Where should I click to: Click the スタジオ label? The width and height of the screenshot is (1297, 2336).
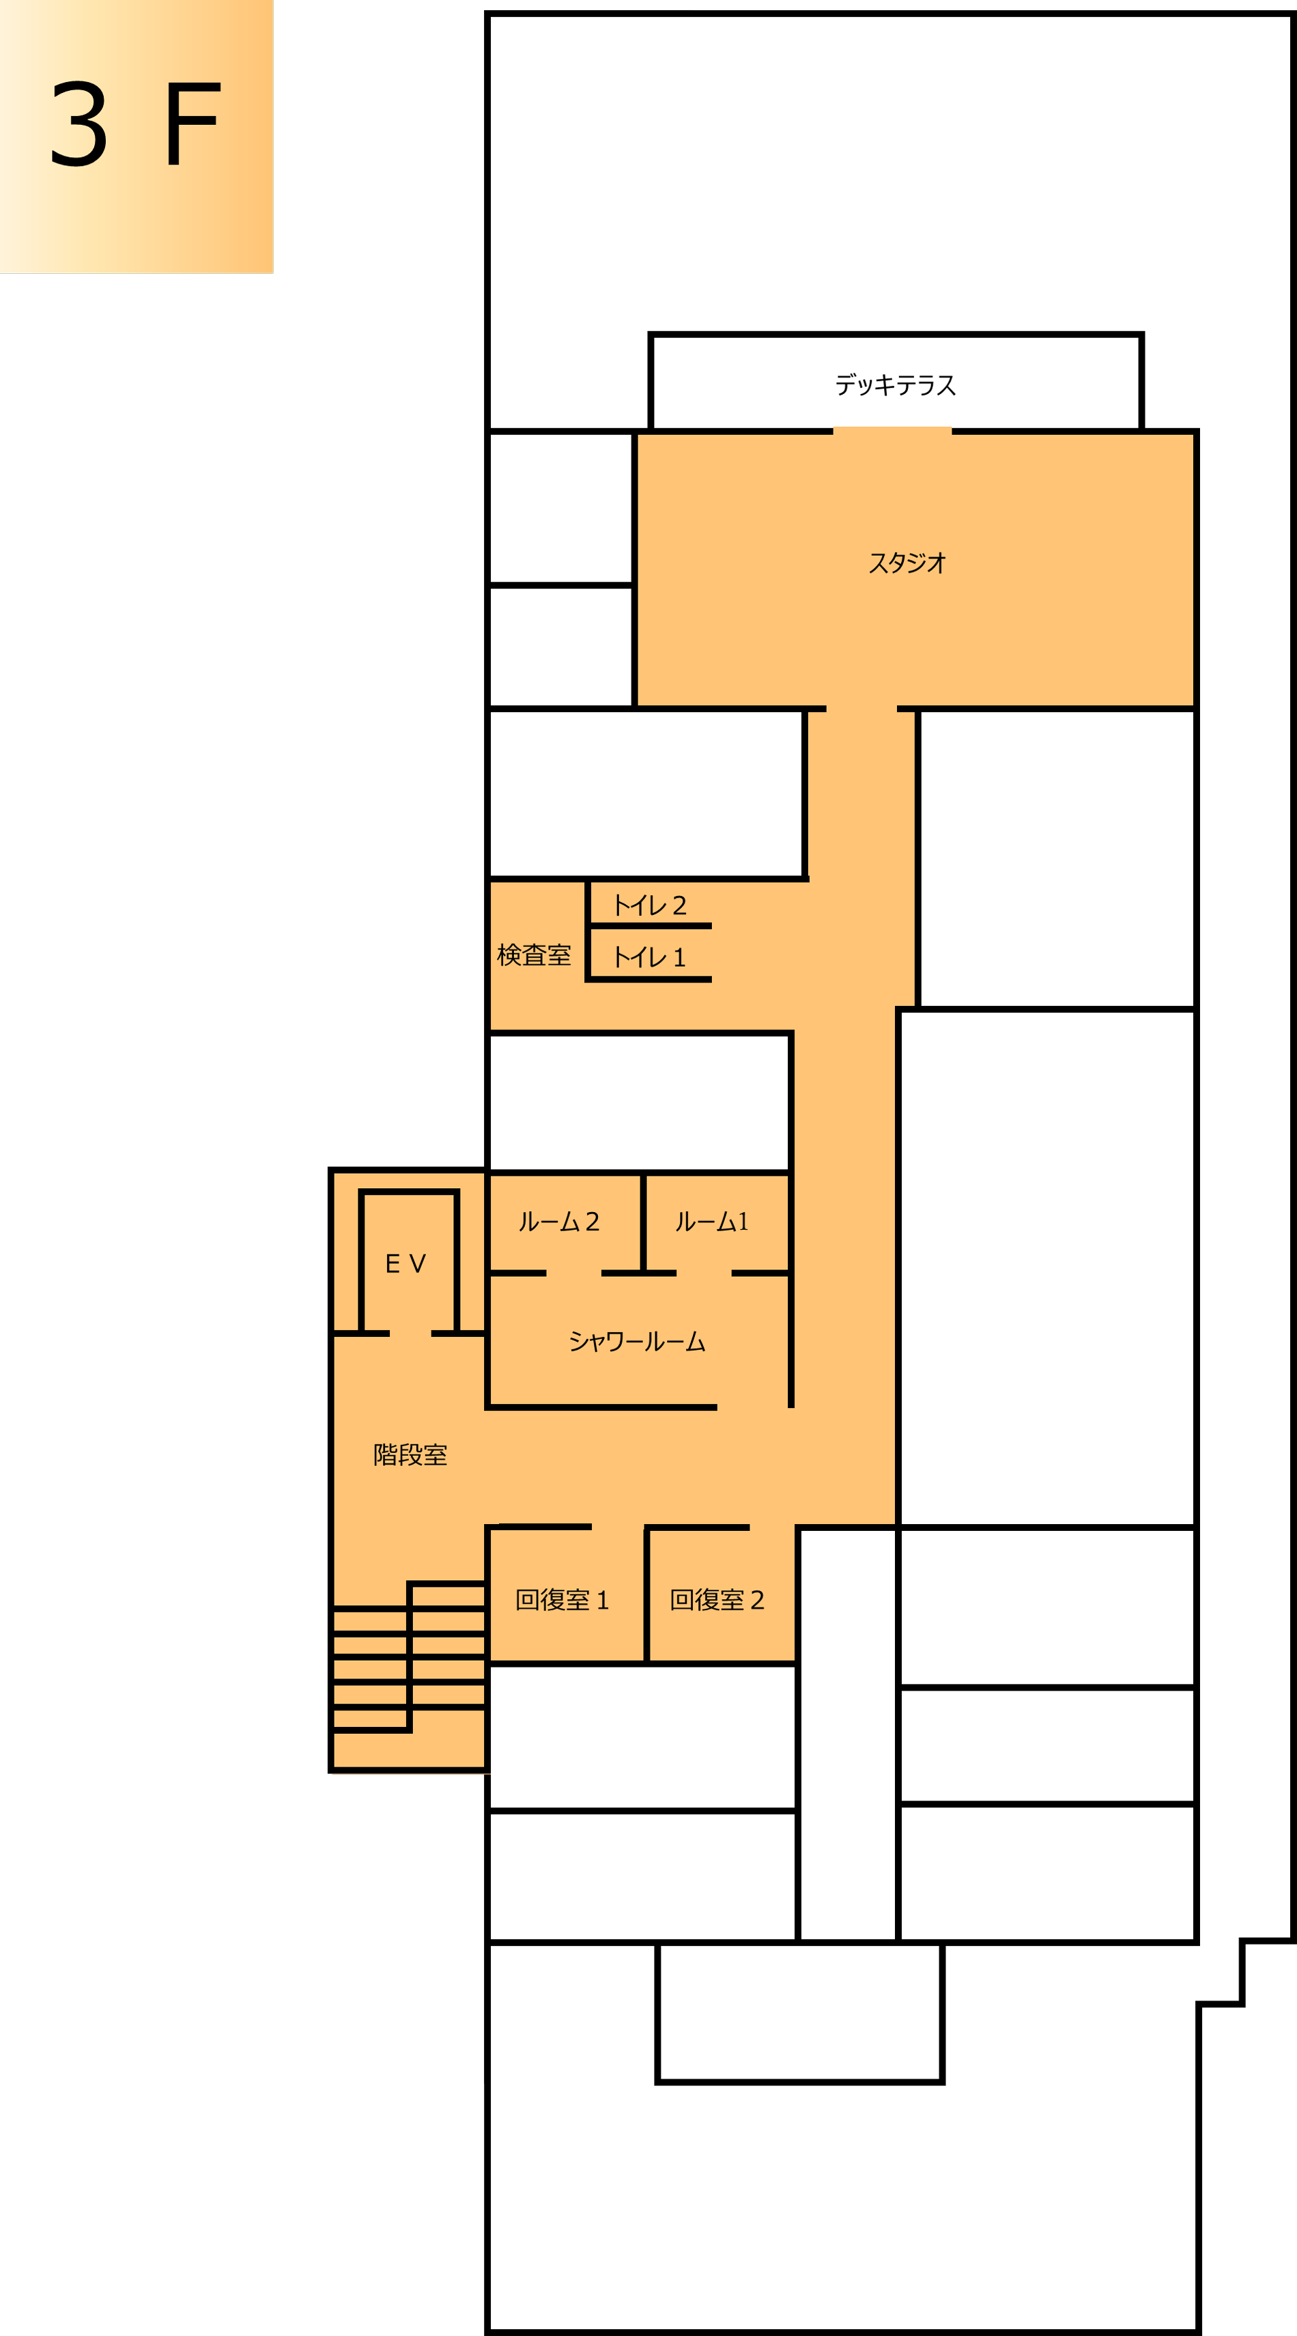(x=907, y=563)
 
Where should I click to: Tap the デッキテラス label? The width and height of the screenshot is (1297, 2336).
(x=896, y=385)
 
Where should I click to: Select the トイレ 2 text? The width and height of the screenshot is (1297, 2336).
(x=650, y=905)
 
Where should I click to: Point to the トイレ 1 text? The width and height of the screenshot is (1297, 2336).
(x=650, y=957)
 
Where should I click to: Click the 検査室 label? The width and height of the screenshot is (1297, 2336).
(x=534, y=955)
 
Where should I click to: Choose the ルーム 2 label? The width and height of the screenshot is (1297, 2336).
(x=559, y=1222)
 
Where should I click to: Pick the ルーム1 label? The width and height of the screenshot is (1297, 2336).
(x=711, y=1222)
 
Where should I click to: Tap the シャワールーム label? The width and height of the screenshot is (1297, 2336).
(x=637, y=1341)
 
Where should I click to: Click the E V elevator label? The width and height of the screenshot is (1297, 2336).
(x=405, y=1263)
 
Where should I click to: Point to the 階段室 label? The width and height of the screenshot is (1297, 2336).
(x=410, y=1454)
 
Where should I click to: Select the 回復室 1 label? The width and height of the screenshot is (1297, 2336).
(x=562, y=1600)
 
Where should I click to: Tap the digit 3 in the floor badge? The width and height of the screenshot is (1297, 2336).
(x=79, y=124)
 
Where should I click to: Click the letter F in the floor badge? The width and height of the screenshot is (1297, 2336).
(x=192, y=124)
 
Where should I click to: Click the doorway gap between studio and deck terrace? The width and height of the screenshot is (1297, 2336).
(x=893, y=432)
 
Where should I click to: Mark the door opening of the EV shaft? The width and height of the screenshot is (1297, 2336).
(x=410, y=1333)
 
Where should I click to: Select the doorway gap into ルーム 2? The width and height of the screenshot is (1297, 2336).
(x=573, y=1273)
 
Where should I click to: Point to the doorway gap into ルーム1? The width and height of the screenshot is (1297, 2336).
(x=704, y=1273)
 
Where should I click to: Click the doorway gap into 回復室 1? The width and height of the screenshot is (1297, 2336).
(x=618, y=1527)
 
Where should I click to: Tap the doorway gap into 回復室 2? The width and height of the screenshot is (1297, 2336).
(x=772, y=1527)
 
